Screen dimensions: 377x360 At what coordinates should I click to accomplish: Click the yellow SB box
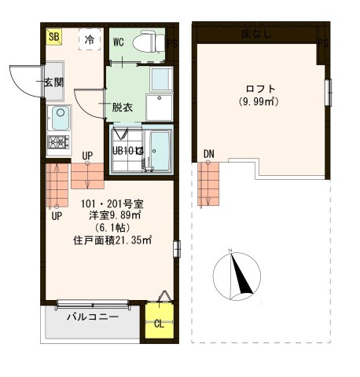pos(53,37)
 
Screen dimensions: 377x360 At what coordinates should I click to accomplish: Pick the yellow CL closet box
pos(158,322)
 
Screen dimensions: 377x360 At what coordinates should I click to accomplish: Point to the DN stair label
pos(208,152)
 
